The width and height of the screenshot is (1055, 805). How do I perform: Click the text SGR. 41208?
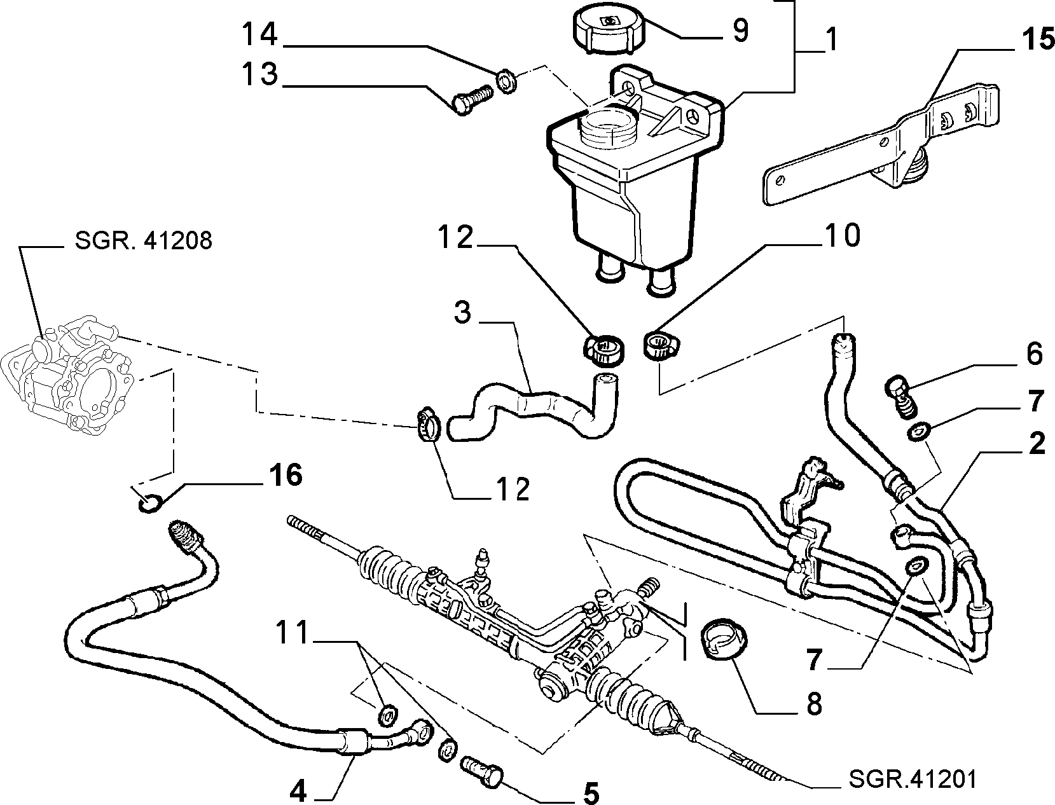[x=143, y=241]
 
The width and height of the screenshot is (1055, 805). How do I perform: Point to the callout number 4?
[x=299, y=791]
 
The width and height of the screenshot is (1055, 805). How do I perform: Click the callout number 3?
[x=463, y=313]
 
